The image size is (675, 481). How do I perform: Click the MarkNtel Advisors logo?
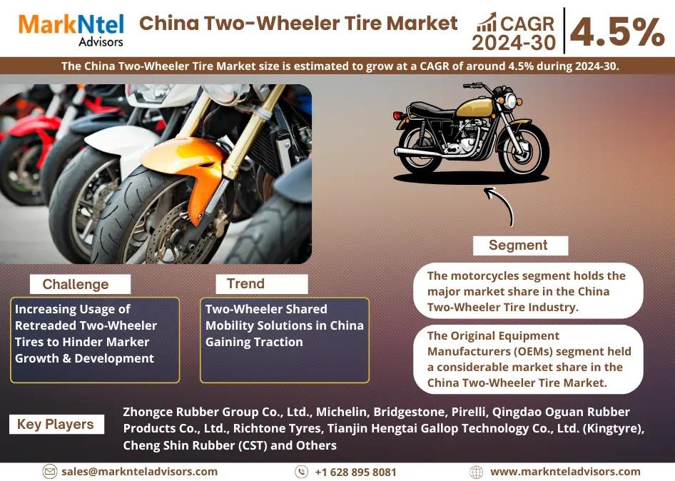click(71, 30)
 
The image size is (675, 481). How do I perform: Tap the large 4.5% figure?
click(618, 32)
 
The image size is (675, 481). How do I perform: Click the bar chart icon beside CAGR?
click(487, 22)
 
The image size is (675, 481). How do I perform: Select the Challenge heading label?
click(76, 284)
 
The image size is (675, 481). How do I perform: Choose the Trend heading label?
click(245, 284)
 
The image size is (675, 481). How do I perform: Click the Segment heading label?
click(518, 245)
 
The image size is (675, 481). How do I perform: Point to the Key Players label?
click(56, 424)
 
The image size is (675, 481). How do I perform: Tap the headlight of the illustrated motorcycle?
click(511, 101)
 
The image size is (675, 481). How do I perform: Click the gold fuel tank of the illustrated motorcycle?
click(474, 107)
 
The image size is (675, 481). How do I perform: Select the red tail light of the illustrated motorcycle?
click(397, 116)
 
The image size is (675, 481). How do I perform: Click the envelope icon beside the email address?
click(50, 472)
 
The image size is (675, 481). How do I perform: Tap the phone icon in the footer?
click(301, 472)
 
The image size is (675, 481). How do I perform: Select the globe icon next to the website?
click(476, 472)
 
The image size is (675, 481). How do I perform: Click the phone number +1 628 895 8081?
click(355, 472)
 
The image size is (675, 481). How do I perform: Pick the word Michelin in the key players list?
click(342, 412)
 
